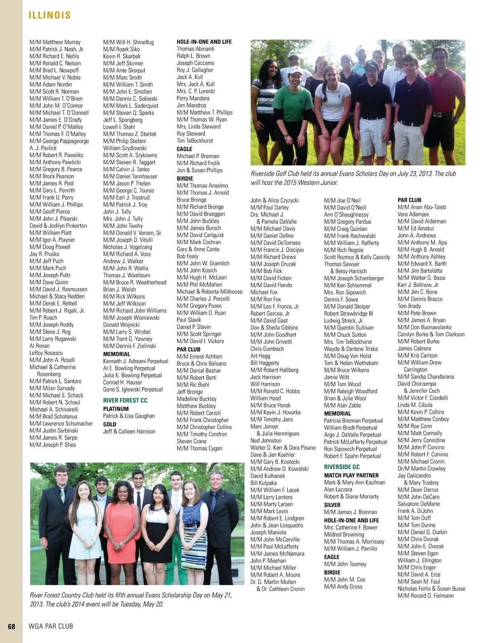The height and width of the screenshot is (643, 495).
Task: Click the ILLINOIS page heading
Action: (49, 16)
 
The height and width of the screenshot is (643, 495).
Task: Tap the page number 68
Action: (12, 626)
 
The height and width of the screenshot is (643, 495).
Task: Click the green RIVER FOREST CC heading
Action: (125, 400)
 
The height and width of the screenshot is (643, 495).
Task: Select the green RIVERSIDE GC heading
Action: (342, 467)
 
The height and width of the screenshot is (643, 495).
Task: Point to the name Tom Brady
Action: (409, 306)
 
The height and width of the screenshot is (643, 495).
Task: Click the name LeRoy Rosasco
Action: (46, 353)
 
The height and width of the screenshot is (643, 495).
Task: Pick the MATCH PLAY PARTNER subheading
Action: (351, 475)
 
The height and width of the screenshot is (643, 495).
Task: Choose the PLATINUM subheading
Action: (116, 409)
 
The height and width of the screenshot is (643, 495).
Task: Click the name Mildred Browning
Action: (344, 534)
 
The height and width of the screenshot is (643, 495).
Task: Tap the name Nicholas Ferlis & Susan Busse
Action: (431, 589)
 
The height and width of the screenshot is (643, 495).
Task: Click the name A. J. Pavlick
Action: (43, 148)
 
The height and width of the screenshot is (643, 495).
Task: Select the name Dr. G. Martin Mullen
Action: (273, 582)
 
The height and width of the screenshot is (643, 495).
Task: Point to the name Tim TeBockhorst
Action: (195, 141)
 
